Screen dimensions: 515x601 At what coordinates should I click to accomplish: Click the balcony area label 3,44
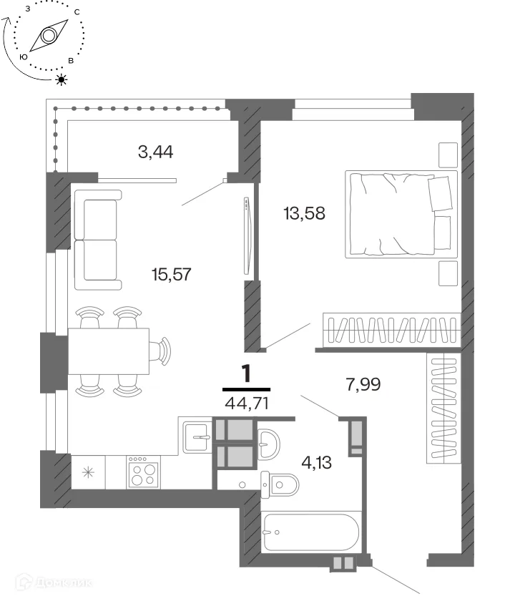tap(156, 152)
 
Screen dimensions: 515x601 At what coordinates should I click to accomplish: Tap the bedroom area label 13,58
tap(304, 213)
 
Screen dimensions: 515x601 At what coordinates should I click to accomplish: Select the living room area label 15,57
tap(171, 275)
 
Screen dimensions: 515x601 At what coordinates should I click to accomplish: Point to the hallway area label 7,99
tap(363, 384)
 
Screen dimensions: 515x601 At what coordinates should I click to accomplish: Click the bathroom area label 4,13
tap(316, 463)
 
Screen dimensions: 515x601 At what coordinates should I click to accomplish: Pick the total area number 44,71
tap(247, 404)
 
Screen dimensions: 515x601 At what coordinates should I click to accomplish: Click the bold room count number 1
tap(246, 373)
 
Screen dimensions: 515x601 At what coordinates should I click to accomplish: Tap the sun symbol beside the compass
tap(62, 79)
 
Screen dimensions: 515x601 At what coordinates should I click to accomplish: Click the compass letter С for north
tap(77, 12)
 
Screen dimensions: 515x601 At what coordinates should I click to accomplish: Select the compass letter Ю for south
tap(24, 57)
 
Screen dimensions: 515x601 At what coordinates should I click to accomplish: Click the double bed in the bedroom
tap(401, 214)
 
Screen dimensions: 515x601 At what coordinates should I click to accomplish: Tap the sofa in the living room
tap(98, 240)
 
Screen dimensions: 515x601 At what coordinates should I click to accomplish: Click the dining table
tap(109, 351)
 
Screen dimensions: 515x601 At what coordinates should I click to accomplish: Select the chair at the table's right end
tap(160, 351)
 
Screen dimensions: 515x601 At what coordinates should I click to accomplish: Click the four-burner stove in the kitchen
tap(143, 472)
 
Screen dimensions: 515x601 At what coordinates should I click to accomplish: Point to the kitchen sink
tap(197, 436)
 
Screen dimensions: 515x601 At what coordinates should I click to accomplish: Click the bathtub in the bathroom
tap(310, 532)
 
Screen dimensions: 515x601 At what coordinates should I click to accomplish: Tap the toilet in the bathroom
tap(280, 485)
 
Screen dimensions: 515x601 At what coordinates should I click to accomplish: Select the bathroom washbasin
tap(269, 444)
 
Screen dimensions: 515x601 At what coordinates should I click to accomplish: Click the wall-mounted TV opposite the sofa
tap(247, 235)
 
